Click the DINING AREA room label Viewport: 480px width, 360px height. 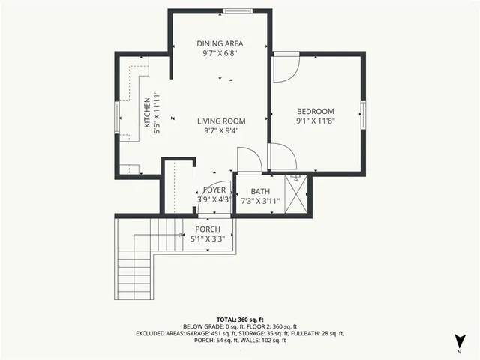tap(220, 43)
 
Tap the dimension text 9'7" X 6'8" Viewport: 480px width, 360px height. tap(220, 54)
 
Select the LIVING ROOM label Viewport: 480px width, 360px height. tap(221, 121)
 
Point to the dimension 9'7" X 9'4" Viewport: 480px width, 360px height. tap(221, 130)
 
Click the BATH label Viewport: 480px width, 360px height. tap(260, 192)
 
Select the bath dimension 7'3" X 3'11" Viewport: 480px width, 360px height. tap(260, 201)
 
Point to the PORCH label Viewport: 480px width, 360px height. tap(208, 229)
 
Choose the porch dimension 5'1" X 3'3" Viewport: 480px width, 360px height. tap(208, 239)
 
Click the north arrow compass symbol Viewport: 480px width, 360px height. tap(458, 340)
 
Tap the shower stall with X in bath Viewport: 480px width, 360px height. tap(298, 195)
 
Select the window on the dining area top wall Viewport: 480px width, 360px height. tap(237, 11)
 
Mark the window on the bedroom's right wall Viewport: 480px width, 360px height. tap(363, 112)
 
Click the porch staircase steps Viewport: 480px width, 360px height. tap(135, 259)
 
